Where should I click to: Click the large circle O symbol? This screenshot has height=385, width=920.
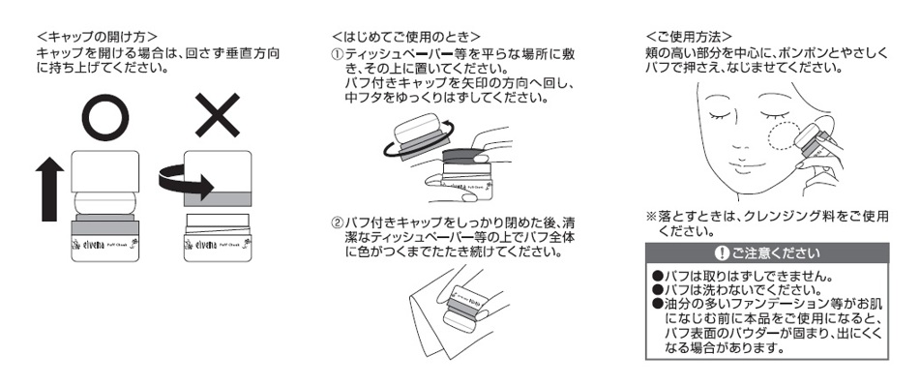105,119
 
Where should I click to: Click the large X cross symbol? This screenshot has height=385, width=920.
218,115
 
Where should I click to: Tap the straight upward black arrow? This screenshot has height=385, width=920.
49,189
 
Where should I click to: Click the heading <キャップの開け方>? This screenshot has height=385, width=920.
97,37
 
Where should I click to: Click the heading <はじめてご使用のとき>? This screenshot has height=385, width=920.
406,37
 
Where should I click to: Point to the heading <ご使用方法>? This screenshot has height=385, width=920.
688,37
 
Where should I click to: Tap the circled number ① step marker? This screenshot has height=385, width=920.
337,54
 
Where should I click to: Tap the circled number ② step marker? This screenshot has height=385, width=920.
337,223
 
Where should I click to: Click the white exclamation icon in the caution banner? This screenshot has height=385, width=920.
721,253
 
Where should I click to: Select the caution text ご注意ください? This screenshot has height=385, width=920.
775,253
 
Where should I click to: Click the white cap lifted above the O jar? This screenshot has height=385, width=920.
105,172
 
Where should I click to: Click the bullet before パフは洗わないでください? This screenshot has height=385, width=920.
657,289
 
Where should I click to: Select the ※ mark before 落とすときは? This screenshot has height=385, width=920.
651,217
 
